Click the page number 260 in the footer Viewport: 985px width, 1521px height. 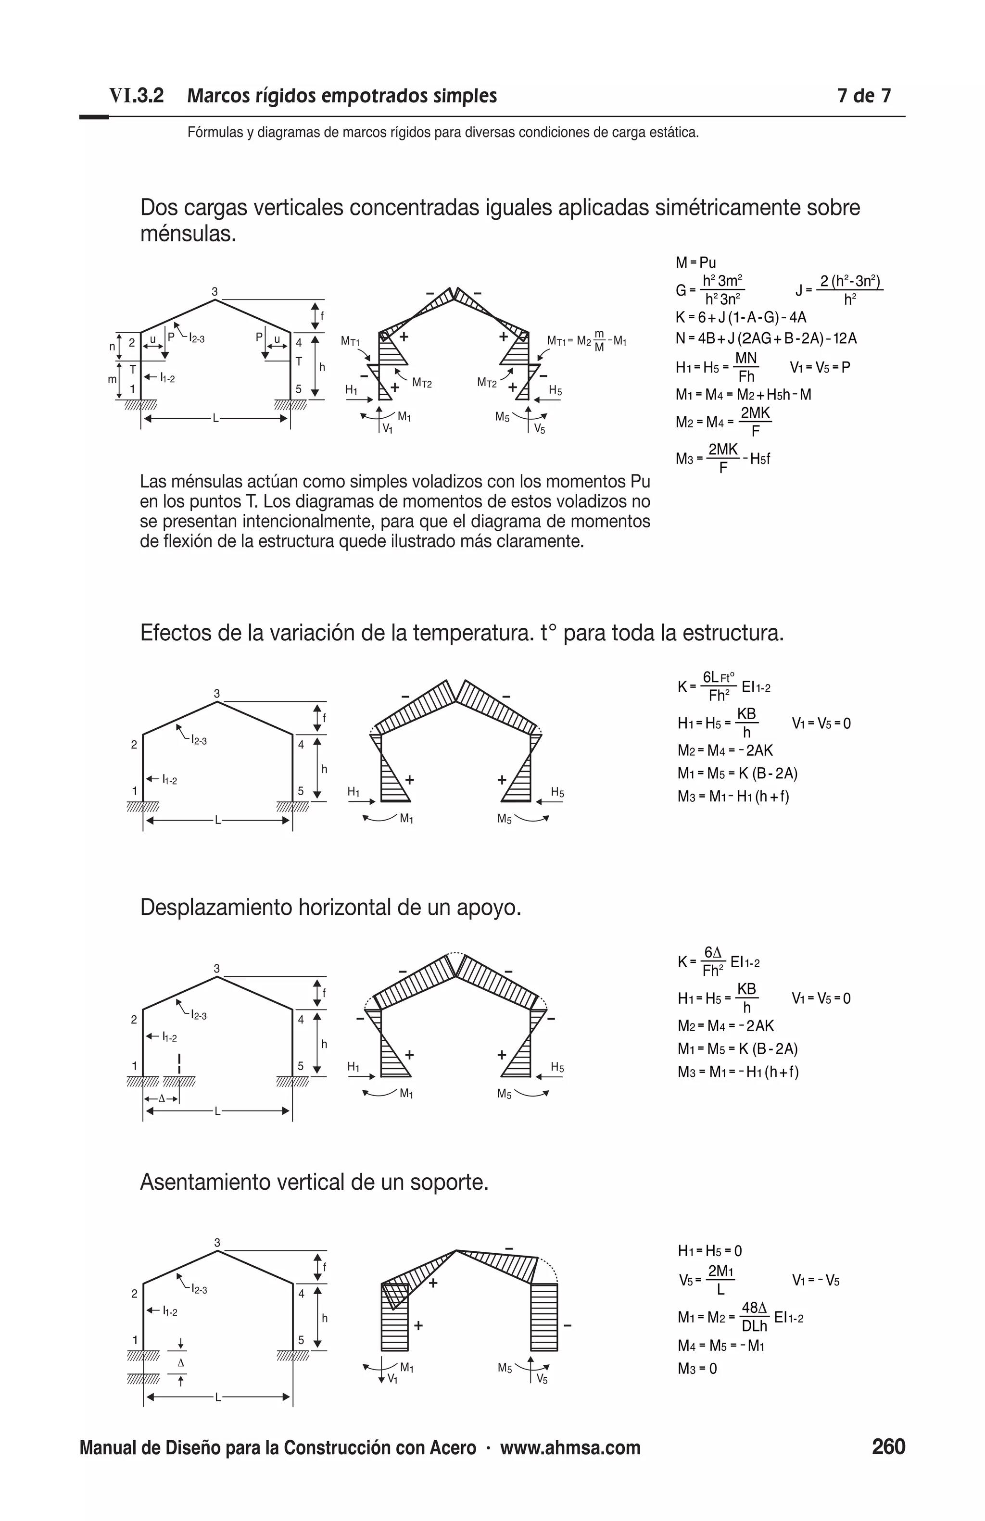click(x=888, y=1446)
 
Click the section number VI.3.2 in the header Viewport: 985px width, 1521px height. click(x=136, y=96)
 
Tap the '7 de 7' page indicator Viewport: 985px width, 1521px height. click(x=863, y=96)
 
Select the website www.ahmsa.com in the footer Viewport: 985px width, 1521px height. click(x=570, y=1447)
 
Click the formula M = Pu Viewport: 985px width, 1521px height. click(x=695, y=262)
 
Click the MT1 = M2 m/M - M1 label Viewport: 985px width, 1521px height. click(x=586, y=341)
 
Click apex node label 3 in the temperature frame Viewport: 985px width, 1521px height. click(x=217, y=693)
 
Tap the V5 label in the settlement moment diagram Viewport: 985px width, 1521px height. click(x=542, y=1379)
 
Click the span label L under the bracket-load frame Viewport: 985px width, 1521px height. click(x=215, y=419)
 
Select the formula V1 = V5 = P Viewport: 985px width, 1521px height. click(x=820, y=367)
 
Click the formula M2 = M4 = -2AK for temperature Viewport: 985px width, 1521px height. click(x=725, y=750)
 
